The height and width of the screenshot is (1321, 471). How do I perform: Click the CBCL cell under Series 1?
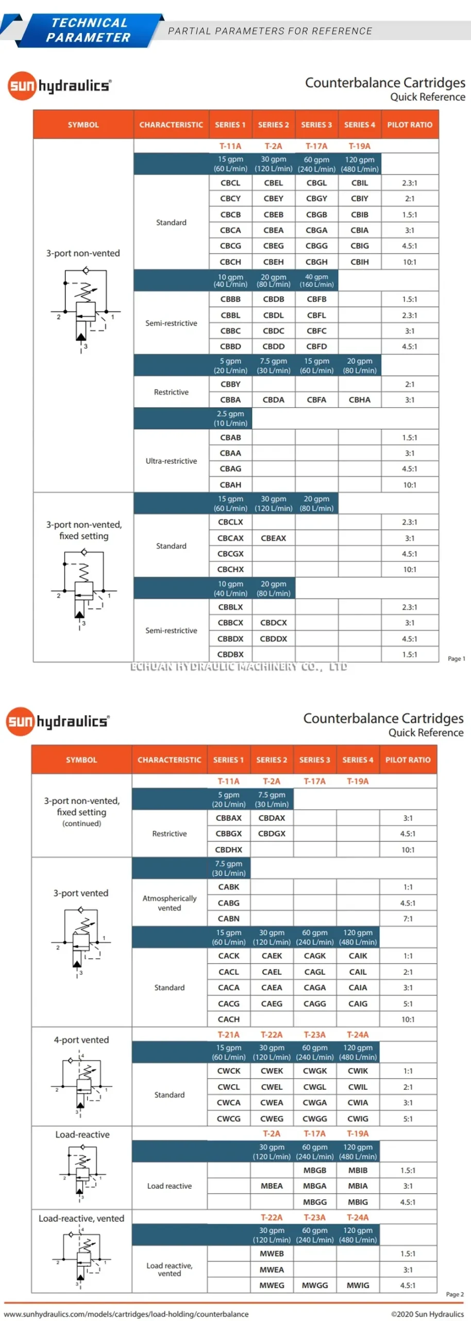tap(230, 183)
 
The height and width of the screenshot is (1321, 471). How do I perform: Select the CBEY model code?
tap(273, 199)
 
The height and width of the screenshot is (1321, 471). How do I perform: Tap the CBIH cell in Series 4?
tap(359, 262)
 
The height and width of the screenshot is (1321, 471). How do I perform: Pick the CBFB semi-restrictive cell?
tap(316, 299)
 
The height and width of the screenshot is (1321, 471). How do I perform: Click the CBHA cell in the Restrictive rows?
tap(359, 400)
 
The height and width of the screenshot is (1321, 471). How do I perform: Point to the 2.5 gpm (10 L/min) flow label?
tap(230, 418)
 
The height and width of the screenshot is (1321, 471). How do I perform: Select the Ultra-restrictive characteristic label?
tap(171, 461)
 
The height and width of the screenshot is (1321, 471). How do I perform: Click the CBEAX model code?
tap(273, 538)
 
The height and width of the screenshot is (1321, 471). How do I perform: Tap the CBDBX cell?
tap(230, 654)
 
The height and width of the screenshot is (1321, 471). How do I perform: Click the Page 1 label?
tap(456, 658)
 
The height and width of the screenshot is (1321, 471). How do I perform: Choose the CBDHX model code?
tap(228, 849)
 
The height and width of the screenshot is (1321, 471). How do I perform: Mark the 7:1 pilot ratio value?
tap(408, 919)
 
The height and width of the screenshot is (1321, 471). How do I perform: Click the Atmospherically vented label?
tap(170, 903)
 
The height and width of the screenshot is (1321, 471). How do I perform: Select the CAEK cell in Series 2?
tap(272, 956)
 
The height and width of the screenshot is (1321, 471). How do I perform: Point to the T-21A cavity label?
tap(228, 1035)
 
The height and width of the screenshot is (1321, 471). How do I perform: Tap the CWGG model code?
tap(314, 1119)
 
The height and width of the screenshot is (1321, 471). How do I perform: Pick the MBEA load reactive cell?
tap(272, 1186)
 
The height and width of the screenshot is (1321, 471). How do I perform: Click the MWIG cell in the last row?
tap(358, 1285)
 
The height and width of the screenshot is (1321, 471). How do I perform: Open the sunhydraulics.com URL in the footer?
tap(126, 1314)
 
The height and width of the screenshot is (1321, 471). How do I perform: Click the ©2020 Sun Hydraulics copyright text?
tap(427, 1314)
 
